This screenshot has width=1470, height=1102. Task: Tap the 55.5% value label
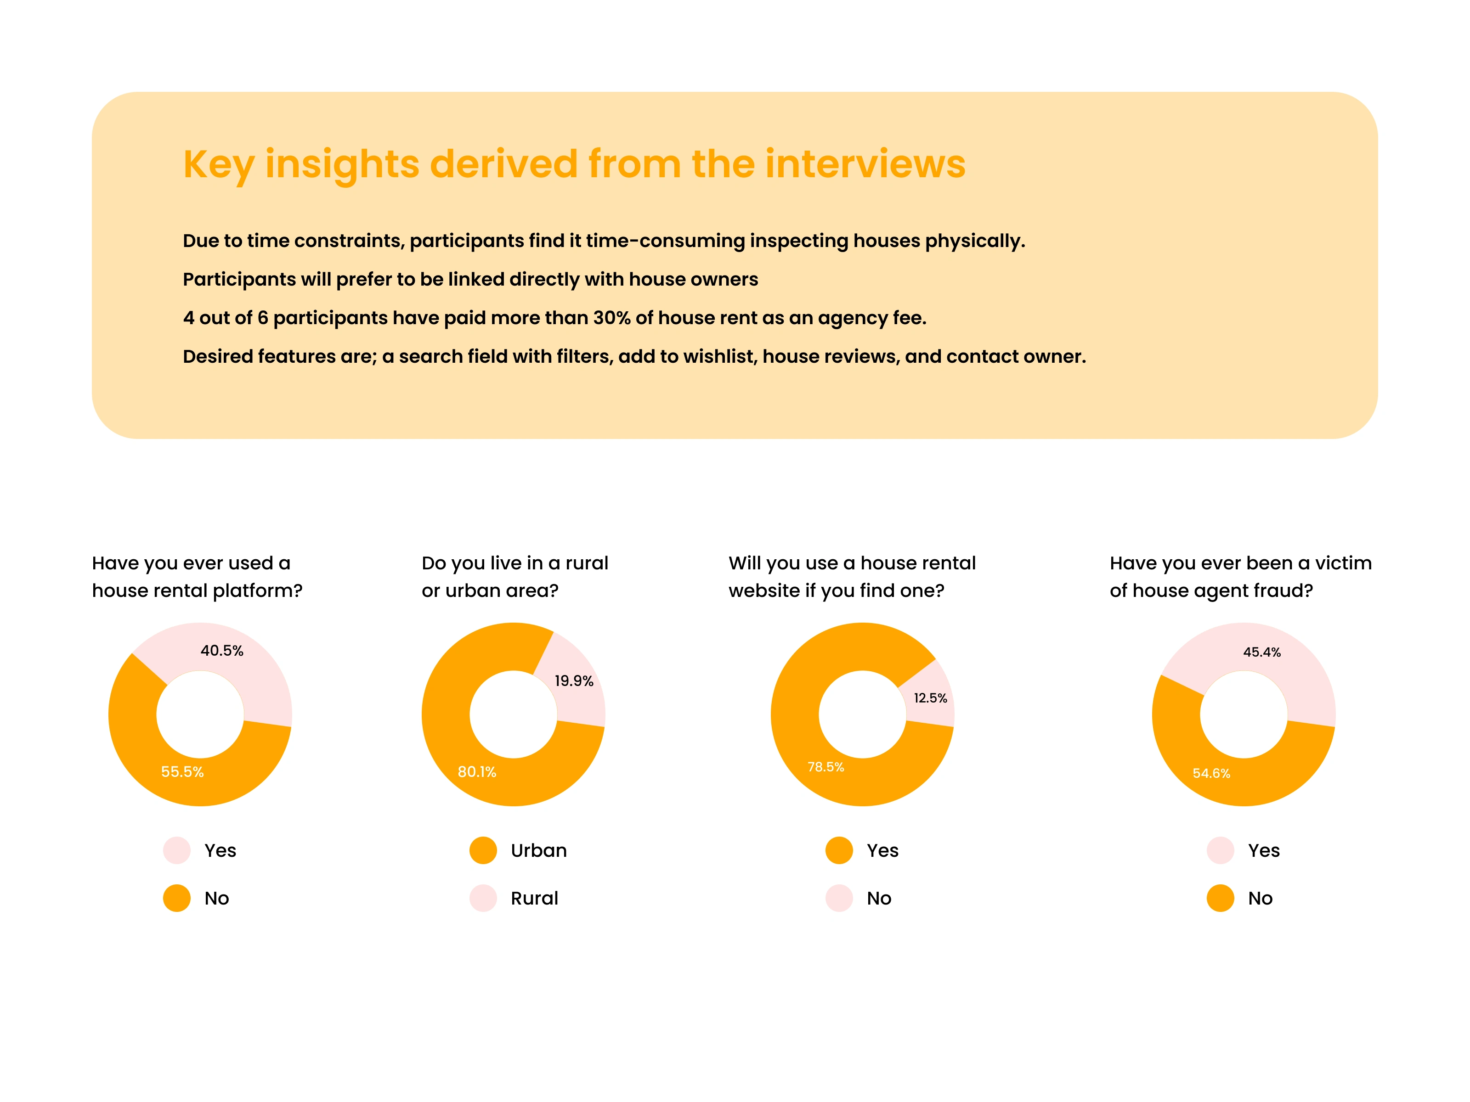(x=182, y=772)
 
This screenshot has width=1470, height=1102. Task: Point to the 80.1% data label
(x=476, y=772)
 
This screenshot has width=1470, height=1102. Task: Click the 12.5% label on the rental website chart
(x=930, y=698)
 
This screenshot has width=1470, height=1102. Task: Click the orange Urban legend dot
(x=483, y=850)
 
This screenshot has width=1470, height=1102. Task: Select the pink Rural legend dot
(x=483, y=898)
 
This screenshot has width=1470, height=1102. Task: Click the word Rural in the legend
(x=534, y=899)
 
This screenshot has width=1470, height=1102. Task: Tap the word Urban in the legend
(x=538, y=851)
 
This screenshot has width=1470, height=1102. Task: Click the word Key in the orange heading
(x=218, y=165)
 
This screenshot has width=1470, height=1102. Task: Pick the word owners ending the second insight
(x=726, y=280)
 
